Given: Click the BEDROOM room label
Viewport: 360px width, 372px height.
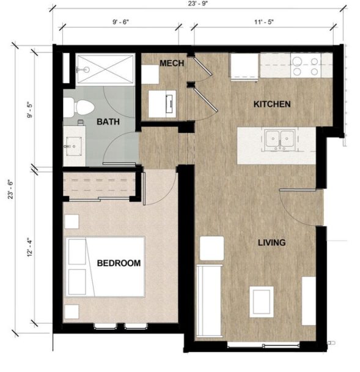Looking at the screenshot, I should click(119, 263).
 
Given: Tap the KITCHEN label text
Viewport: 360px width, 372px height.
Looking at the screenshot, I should click(272, 104).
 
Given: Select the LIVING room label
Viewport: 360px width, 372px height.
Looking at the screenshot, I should click(271, 243).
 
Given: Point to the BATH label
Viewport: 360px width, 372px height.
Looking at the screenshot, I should click(108, 122).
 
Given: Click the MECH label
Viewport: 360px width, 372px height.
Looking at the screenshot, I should click(172, 63).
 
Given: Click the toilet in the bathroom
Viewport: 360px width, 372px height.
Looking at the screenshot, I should click(78, 107).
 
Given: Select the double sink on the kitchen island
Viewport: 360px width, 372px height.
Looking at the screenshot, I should click(279, 139).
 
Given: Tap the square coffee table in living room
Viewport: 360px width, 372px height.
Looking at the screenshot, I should click(262, 300).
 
